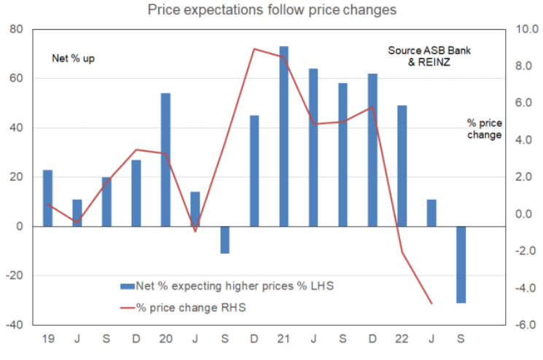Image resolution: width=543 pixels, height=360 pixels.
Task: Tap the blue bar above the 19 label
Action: [x=47, y=198]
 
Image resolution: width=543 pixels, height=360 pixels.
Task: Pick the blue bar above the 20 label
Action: [x=165, y=160]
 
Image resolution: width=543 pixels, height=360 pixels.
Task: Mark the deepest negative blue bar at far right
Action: [x=461, y=265]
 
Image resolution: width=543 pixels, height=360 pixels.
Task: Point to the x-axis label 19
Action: [x=47, y=340]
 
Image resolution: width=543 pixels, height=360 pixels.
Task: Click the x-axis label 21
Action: [x=284, y=340]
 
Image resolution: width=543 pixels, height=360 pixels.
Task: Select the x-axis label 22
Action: [x=402, y=340]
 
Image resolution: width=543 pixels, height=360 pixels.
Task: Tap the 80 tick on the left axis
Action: [x=16, y=30]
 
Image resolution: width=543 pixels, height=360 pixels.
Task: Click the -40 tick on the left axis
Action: [x=14, y=325]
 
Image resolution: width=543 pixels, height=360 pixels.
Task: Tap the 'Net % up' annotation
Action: [x=74, y=58]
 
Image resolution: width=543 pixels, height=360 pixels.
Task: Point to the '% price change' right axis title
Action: [x=485, y=128]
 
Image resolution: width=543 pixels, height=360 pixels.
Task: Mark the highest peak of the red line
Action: [x=254, y=49]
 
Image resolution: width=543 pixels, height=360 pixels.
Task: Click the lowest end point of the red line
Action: [x=431, y=303]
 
